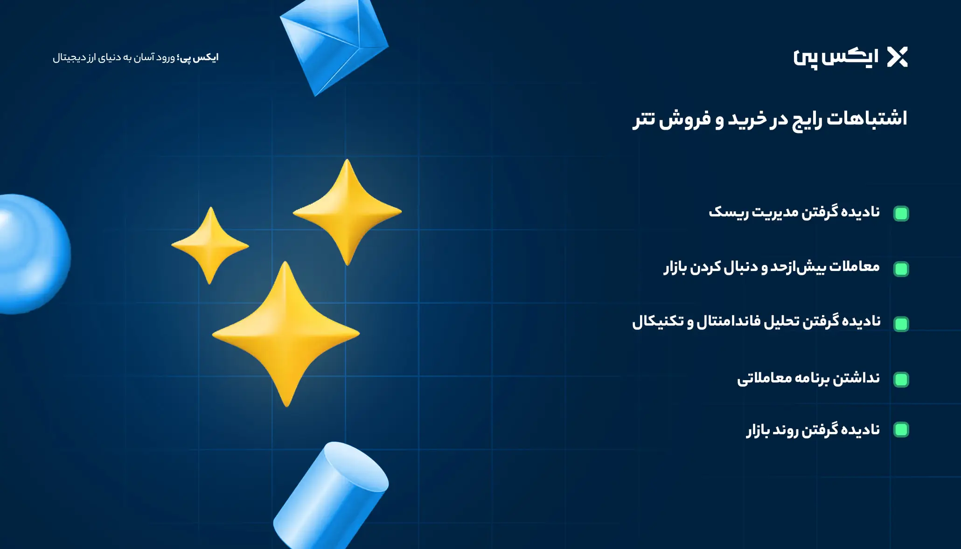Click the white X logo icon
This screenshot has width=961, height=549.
(x=897, y=57)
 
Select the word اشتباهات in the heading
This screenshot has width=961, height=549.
(x=867, y=118)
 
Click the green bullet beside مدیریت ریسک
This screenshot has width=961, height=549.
(x=901, y=214)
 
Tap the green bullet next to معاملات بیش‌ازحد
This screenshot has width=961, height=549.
(x=901, y=269)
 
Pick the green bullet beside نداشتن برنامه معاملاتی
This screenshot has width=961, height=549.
(x=901, y=380)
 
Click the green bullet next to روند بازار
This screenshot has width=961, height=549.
(x=901, y=430)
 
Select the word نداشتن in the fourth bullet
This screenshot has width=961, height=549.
(x=857, y=377)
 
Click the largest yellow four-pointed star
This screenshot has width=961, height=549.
(x=286, y=334)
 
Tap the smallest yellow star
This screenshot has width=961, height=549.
(x=210, y=245)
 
